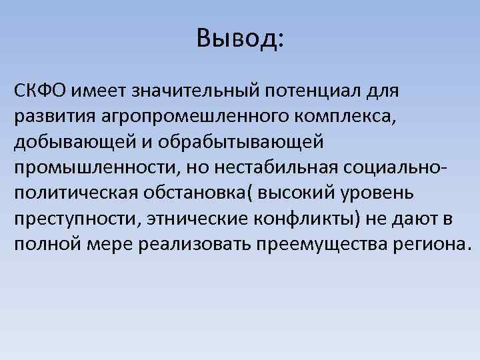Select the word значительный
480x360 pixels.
pyautogui.click(x=190, y=90)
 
